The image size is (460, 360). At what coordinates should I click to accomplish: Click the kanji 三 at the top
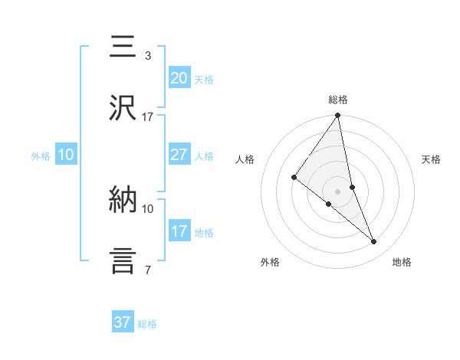(x=123, y=48)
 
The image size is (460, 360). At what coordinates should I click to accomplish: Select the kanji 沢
(x=123, y=109)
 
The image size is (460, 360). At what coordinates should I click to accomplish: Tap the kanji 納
(x=123, y=199)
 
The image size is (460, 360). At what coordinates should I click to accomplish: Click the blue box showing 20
(x=179, y=78)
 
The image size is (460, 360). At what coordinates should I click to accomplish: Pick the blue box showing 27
(x=179, y=155)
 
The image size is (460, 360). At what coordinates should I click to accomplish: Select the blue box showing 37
(x=123, y=322)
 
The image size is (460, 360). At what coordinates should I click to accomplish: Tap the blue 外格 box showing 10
(x=66, y=155)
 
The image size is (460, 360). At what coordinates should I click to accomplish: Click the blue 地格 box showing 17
(x=179, y=231)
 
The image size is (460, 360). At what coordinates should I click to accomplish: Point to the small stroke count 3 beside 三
(x=147, y=56)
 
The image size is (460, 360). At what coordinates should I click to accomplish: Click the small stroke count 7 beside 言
(x=147, y=270)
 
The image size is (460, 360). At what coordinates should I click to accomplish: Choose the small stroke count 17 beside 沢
(x=147, y=117)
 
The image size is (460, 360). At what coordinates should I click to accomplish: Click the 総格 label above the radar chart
(x=338, y=100)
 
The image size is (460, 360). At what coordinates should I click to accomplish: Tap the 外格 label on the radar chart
(x=270, y=263)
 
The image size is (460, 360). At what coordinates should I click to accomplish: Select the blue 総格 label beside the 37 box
(x=147, y=324)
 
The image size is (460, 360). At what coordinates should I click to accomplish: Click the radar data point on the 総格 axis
(x=338, y=116)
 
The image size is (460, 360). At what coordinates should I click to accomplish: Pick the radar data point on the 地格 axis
(x=374, y=242)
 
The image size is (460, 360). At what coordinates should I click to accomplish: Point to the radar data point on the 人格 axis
(x=294, y=178)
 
